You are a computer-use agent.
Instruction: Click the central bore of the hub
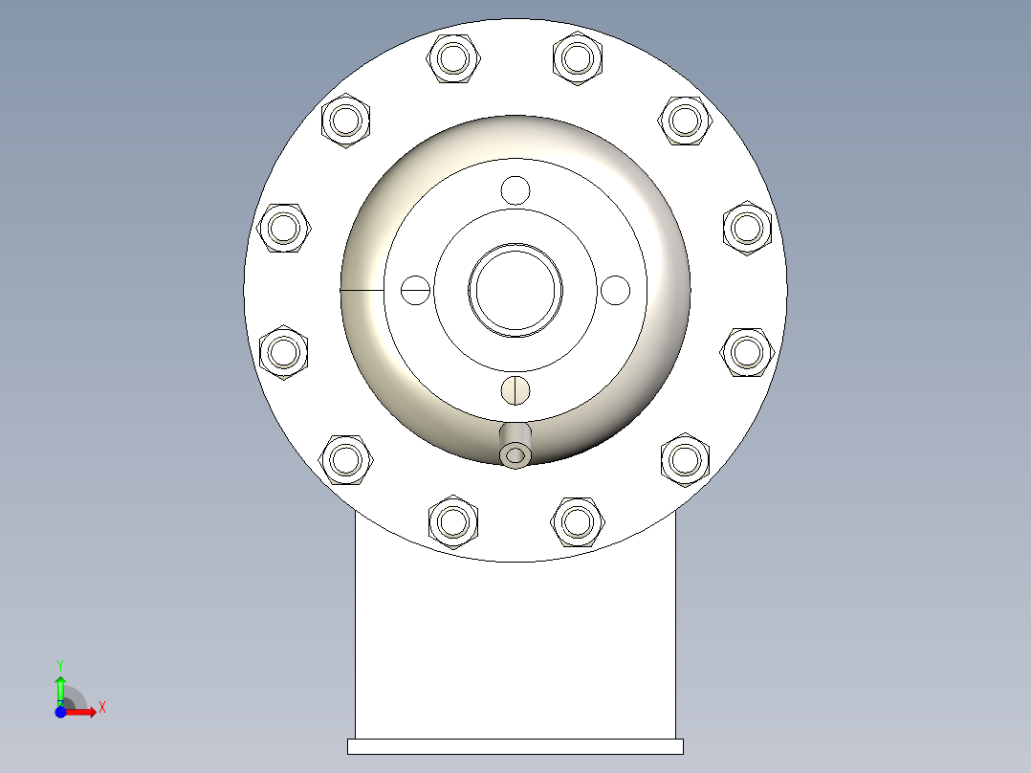(x=515, y=290)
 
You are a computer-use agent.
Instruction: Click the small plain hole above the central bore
(x=515, y=190)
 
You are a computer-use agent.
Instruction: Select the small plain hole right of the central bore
(x=616, y=289)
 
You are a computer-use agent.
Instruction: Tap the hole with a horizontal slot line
(x=415, y=289)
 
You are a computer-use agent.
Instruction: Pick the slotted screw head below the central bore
(x=515, y=389)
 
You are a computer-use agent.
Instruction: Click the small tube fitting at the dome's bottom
(x=515, y=453)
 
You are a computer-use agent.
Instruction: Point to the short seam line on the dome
(x=362, y=289)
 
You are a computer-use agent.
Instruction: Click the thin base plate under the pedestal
(x=515, y=746)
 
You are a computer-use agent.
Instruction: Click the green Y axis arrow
(x=59, y=687)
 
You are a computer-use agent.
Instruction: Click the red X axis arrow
(x=84, y=712)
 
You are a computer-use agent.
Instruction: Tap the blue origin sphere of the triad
(x=60, y=713)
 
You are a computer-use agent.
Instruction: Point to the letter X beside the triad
(x=102, y=708)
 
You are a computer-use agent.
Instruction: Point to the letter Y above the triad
(x=59, y=664)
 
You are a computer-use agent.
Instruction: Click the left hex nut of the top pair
(x=453, y=58)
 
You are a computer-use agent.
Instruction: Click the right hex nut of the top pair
(x=577, y=58)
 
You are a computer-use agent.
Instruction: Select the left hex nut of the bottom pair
(x=453, y=521)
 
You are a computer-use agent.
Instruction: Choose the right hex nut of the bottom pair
(x=577, y=521)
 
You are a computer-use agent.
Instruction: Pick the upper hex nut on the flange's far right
(x=747, y=228)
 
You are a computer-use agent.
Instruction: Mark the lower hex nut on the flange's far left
(x=285, y=352)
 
